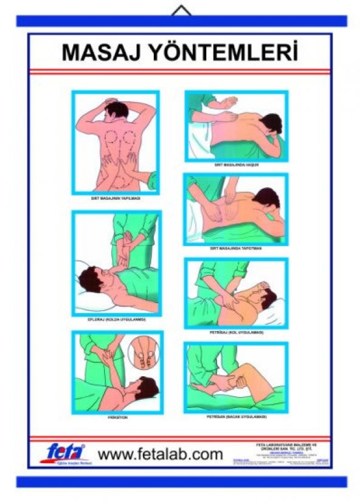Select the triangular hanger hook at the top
(x=181, y=10)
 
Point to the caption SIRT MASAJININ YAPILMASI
(x=116, y=198)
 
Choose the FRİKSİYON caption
(x=116, y=418)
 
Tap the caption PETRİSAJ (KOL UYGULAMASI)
(x=236, y=332)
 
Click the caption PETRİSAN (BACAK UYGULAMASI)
(x=236, y=417)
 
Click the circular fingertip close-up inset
(x=144, y=353)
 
